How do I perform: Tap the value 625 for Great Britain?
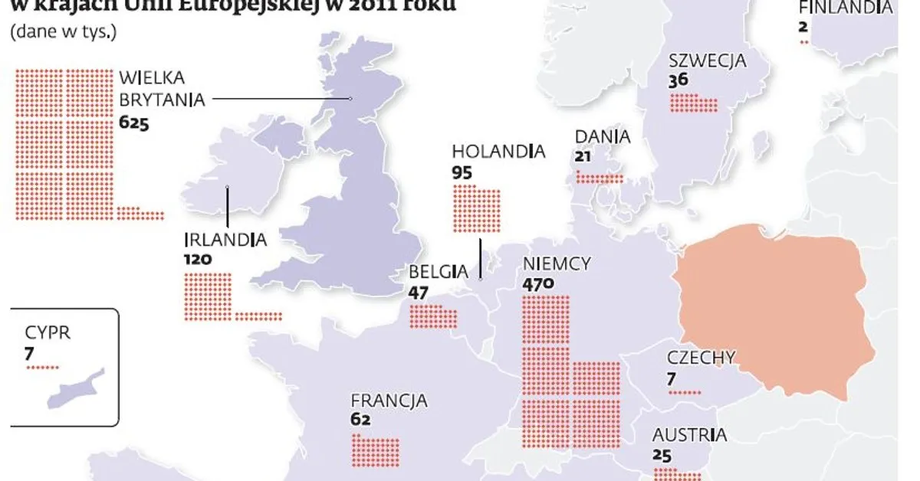[133, 122]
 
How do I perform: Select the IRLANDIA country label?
[225, 240]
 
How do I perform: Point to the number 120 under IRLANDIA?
[198, 259]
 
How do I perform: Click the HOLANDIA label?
[498, 152]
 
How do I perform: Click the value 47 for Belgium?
[419, 291]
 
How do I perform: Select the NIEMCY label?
[557, 264]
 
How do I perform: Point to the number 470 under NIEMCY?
[538, 285]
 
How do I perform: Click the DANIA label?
[603, 137]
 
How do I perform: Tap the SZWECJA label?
[707, 61]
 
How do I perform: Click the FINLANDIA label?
[845, 8]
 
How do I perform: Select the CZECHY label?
[701, 358]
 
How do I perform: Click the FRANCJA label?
[389, 401]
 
